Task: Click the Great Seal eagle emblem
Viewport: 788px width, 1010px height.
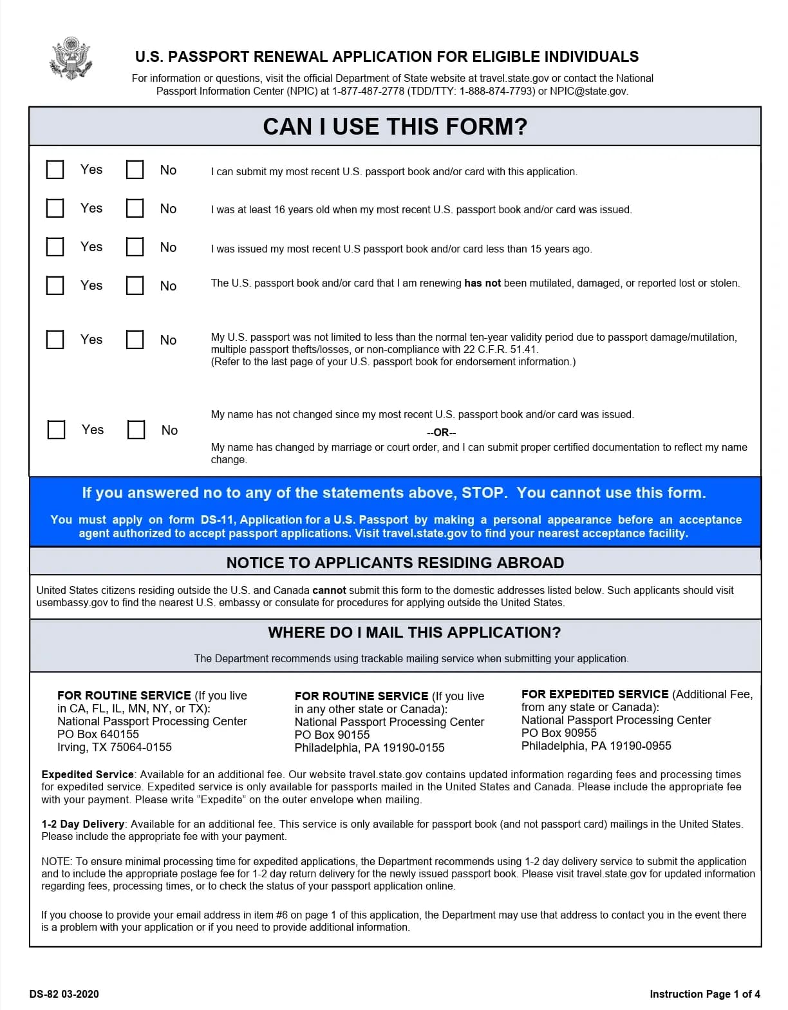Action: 70,59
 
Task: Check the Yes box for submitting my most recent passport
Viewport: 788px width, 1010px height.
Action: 55,169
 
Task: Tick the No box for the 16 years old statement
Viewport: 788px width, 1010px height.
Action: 135,208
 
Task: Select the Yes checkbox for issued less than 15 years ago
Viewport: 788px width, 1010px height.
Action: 55,247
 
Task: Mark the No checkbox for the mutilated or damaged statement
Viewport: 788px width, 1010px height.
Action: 135,285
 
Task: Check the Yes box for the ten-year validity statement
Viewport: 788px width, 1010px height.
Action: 55,339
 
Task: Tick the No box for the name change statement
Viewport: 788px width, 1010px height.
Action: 136,430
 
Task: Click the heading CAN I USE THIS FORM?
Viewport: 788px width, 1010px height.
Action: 395,126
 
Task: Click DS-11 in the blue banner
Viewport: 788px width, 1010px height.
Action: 218,520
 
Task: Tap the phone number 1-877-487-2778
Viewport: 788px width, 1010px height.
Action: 368,91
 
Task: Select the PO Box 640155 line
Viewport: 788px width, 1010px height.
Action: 98,734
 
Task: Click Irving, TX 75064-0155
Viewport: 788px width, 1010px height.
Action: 115,747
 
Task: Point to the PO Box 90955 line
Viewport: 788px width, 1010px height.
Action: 559,733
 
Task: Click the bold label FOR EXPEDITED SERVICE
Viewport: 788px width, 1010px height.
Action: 595,694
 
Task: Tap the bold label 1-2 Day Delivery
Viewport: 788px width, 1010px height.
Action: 83,824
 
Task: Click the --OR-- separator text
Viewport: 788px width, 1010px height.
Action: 441,433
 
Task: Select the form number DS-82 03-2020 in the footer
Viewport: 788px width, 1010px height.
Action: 64,994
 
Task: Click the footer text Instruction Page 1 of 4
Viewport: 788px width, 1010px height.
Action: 705,994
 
